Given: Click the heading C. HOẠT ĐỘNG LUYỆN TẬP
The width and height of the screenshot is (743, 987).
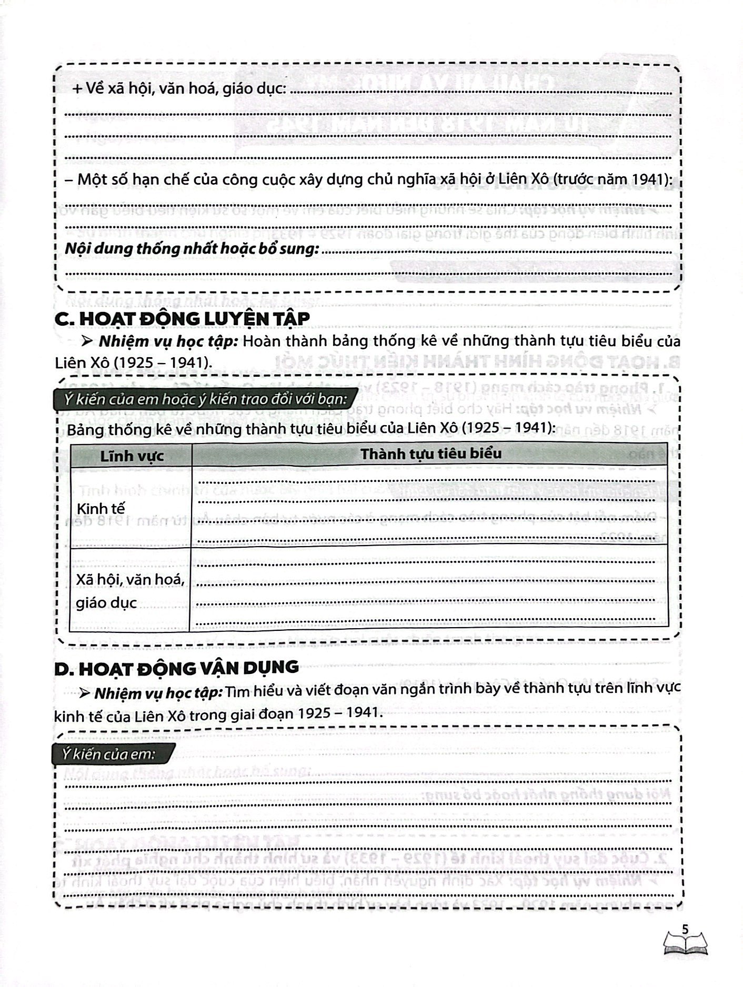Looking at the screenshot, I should tap(182, 318).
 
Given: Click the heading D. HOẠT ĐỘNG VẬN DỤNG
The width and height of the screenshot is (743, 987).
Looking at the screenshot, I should tap(176, 668).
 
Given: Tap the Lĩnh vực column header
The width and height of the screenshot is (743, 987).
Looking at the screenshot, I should tap(132, 456).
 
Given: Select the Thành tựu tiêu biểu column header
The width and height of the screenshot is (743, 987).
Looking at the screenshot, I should tap(430, 454).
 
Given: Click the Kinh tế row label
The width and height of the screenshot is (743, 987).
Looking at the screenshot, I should tap(101, 509).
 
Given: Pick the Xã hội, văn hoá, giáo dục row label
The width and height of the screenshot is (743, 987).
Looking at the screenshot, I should tap(129, 591).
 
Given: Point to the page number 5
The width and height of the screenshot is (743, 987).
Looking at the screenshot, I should tap(685, 929).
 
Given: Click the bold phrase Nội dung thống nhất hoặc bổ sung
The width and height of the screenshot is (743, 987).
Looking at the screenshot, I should tap(192, 248).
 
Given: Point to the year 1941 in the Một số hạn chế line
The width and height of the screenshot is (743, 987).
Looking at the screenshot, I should tap(651, 179).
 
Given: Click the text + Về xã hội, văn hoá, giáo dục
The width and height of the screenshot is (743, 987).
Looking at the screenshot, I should tap(179, 89).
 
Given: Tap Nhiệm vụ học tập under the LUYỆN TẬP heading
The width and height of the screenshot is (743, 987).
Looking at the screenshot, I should tap(169, 341).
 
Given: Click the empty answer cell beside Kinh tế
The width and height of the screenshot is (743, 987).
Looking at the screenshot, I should tap(429, 507).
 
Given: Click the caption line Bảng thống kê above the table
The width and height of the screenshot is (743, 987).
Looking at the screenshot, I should tap(310, 428).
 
